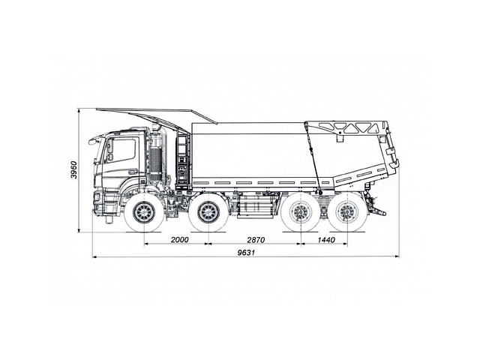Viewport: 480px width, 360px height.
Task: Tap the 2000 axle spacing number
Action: point(178,240)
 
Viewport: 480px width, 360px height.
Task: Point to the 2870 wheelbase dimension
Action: point(255,240)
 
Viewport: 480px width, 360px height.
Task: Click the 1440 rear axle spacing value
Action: point(325,240)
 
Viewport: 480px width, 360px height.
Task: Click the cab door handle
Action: point(133,172)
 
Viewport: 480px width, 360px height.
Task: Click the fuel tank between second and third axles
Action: point(255,205)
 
